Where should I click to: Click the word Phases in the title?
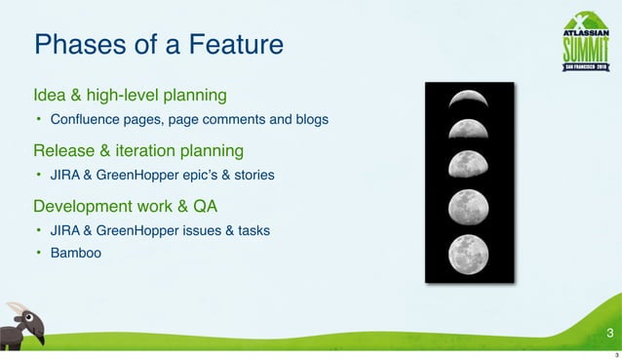point(72,45)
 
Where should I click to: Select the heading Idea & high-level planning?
point(130,96)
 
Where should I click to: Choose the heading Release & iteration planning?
point(137,151)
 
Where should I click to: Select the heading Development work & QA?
point(125,207)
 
